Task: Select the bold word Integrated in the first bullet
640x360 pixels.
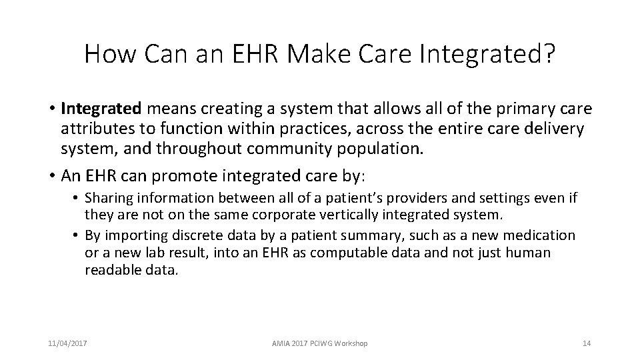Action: (101, 108)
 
